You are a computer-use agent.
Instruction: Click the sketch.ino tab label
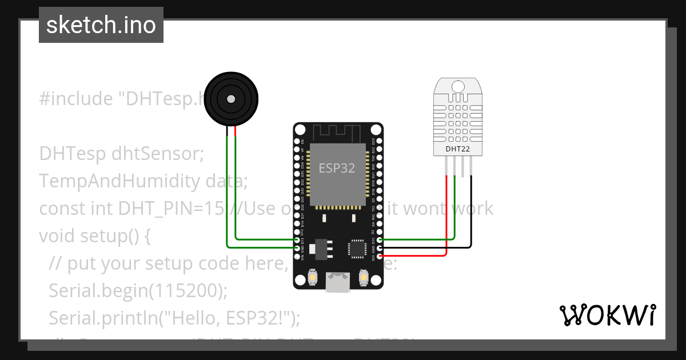[x=101, y=25]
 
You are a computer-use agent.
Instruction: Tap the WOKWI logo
[x=607, y=315]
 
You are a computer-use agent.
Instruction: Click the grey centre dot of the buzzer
[x=230, y=99]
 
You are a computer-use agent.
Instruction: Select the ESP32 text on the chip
[x=337, y=169]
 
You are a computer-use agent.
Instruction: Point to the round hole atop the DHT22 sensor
[x=458, y=86]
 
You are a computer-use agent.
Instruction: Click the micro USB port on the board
[x=338, y=282]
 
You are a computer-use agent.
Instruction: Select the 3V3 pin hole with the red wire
[x=380, y=256]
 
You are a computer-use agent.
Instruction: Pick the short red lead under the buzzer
[x=235, y=131]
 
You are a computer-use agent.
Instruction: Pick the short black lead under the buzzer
[x=228, y=131]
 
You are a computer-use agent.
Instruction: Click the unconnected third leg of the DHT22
[x=463, y=166]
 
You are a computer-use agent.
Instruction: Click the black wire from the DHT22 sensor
[x=472, y=217]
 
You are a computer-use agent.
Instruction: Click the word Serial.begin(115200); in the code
[x=138, y=291]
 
